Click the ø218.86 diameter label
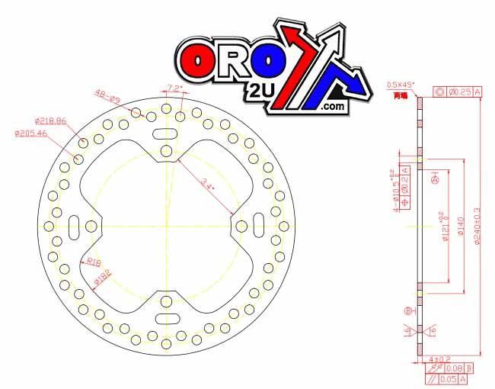coord(50,121)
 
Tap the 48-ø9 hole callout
coord(107,95)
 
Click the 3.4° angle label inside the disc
coord(209,184)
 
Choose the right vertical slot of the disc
coord(259,226)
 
